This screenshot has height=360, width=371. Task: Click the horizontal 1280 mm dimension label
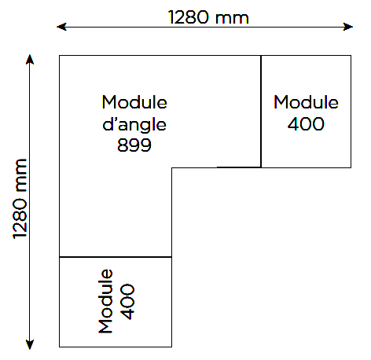[208, 17]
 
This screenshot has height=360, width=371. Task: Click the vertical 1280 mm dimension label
[20, 199]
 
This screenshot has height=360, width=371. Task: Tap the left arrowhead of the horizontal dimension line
[61, 27]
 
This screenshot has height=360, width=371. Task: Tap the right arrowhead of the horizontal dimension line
[348, 27]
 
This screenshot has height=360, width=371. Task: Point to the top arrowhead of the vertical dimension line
[30, 59]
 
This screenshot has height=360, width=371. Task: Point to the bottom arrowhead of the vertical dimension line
[30, 344]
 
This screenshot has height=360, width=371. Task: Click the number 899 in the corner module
[134, 145]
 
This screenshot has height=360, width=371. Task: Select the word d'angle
[134, 125]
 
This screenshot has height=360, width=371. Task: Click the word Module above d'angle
[134, 102]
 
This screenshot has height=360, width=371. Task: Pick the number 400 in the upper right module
[306, 123]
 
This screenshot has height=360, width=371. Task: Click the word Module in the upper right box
[306, 102]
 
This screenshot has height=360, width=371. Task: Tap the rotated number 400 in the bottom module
[127, 301]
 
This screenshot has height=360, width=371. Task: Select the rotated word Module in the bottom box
[105, 301]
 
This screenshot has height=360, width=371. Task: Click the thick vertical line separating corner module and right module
[261, 112]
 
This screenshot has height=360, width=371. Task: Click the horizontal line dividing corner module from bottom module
[116, 257]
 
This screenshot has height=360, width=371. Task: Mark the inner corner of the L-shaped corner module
[172, 167]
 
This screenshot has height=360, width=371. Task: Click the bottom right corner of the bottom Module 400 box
[172, 347]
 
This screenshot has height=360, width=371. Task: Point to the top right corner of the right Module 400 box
[351, 56]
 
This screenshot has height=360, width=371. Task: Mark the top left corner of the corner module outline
[60, 56]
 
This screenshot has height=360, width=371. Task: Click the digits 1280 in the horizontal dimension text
[189, 17]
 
